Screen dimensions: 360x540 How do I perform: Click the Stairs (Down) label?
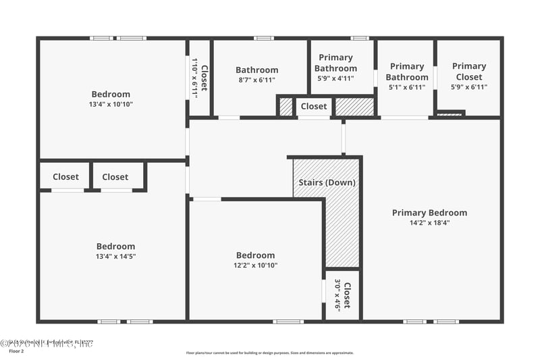coord(327,182)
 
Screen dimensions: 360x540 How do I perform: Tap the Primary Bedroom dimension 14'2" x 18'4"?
coord(429,223)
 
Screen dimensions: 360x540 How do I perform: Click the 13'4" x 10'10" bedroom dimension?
coord(111,104)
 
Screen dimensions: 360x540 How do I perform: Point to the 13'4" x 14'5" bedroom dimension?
coord(115,256)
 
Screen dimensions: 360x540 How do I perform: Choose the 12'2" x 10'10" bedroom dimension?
coord(255,265)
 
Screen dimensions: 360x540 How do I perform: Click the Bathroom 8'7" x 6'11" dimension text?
coord(256,80)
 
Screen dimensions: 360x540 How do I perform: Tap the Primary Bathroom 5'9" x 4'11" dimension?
coord(335,78)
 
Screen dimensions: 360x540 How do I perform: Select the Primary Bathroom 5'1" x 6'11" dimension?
coord(406,87)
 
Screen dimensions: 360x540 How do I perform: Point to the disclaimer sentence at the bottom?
coord(269,353)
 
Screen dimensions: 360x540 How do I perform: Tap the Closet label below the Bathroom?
coord(314,106)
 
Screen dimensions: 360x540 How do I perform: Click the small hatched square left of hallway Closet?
coord(286,106)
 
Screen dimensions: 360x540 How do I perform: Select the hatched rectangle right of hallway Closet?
coord(354,106)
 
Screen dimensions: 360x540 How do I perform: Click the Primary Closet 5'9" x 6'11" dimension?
coord(468,86)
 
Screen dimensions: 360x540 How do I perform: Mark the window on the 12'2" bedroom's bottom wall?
coord(288,322)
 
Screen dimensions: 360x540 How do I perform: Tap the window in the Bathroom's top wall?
coord(263,38)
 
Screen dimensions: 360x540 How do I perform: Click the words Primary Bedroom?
coord(429,213)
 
